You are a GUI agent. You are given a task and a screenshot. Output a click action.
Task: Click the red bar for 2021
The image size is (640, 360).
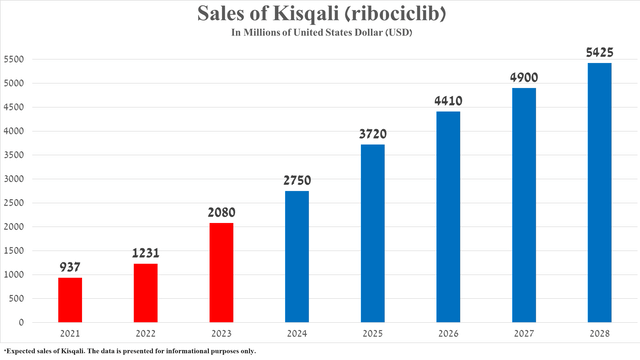[x=70, y=300]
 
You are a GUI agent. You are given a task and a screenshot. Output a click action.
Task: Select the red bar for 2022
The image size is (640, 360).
[x=145, y=293]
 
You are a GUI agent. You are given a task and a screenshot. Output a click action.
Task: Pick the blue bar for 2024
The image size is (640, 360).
[x=296, y=257]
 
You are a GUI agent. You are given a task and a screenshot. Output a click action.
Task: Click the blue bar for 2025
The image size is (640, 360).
[x=372, y=233]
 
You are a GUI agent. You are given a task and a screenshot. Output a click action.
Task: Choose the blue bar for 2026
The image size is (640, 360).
[x=447, y=217]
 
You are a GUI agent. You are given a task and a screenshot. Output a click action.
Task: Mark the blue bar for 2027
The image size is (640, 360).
[x=523, y=205]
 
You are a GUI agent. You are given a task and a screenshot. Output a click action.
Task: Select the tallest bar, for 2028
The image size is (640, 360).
[x=599, y=193]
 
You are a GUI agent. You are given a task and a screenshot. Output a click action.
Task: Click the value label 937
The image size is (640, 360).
[x=70, y=267]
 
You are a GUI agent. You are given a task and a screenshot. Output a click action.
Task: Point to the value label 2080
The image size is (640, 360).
[x=220, y=213]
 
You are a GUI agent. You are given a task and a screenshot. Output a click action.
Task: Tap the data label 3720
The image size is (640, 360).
[x=372, y=134]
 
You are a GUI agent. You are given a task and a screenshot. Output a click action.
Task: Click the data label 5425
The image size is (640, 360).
[x=599, y=52]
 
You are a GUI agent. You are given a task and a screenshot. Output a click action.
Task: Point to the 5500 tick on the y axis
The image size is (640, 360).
[x=14, y=59]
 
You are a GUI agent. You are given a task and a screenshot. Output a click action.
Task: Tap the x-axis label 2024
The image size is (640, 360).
[x=296, y=334]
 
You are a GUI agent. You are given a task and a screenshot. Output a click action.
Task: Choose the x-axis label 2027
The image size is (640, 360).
[x=523, y=334]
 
